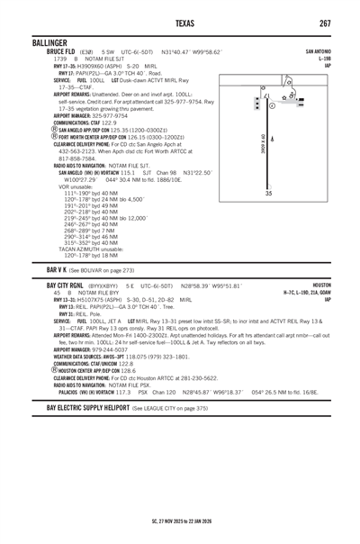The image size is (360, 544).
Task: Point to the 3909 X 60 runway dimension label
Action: [260, 143]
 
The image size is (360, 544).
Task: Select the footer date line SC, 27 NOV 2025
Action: [180, 521]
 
